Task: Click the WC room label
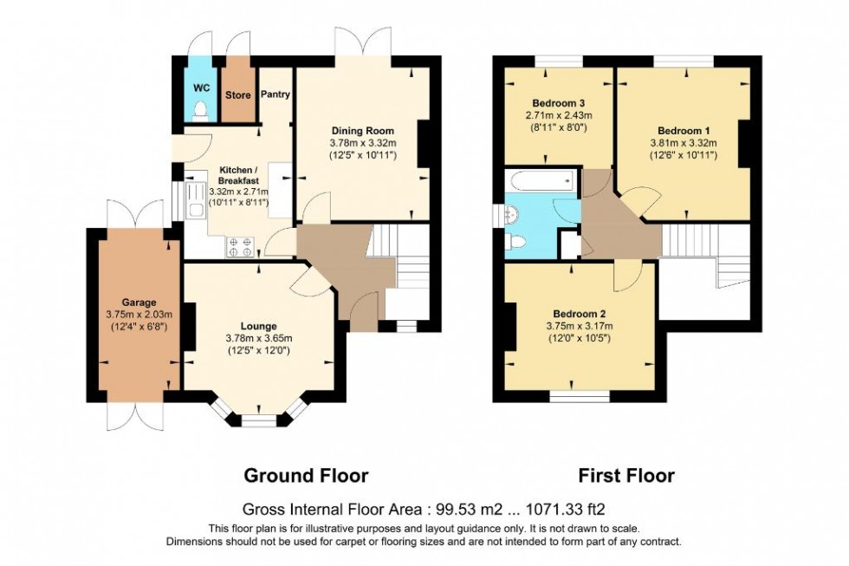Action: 200,88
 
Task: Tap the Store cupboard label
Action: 237,94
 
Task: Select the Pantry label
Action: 275,94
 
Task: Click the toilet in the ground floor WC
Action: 201,109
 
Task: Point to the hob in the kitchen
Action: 240,247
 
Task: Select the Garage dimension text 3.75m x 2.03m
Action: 134,314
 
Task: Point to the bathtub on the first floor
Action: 541,181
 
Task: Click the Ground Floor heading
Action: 306,475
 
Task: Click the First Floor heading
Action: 626,475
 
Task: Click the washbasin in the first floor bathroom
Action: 512,212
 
